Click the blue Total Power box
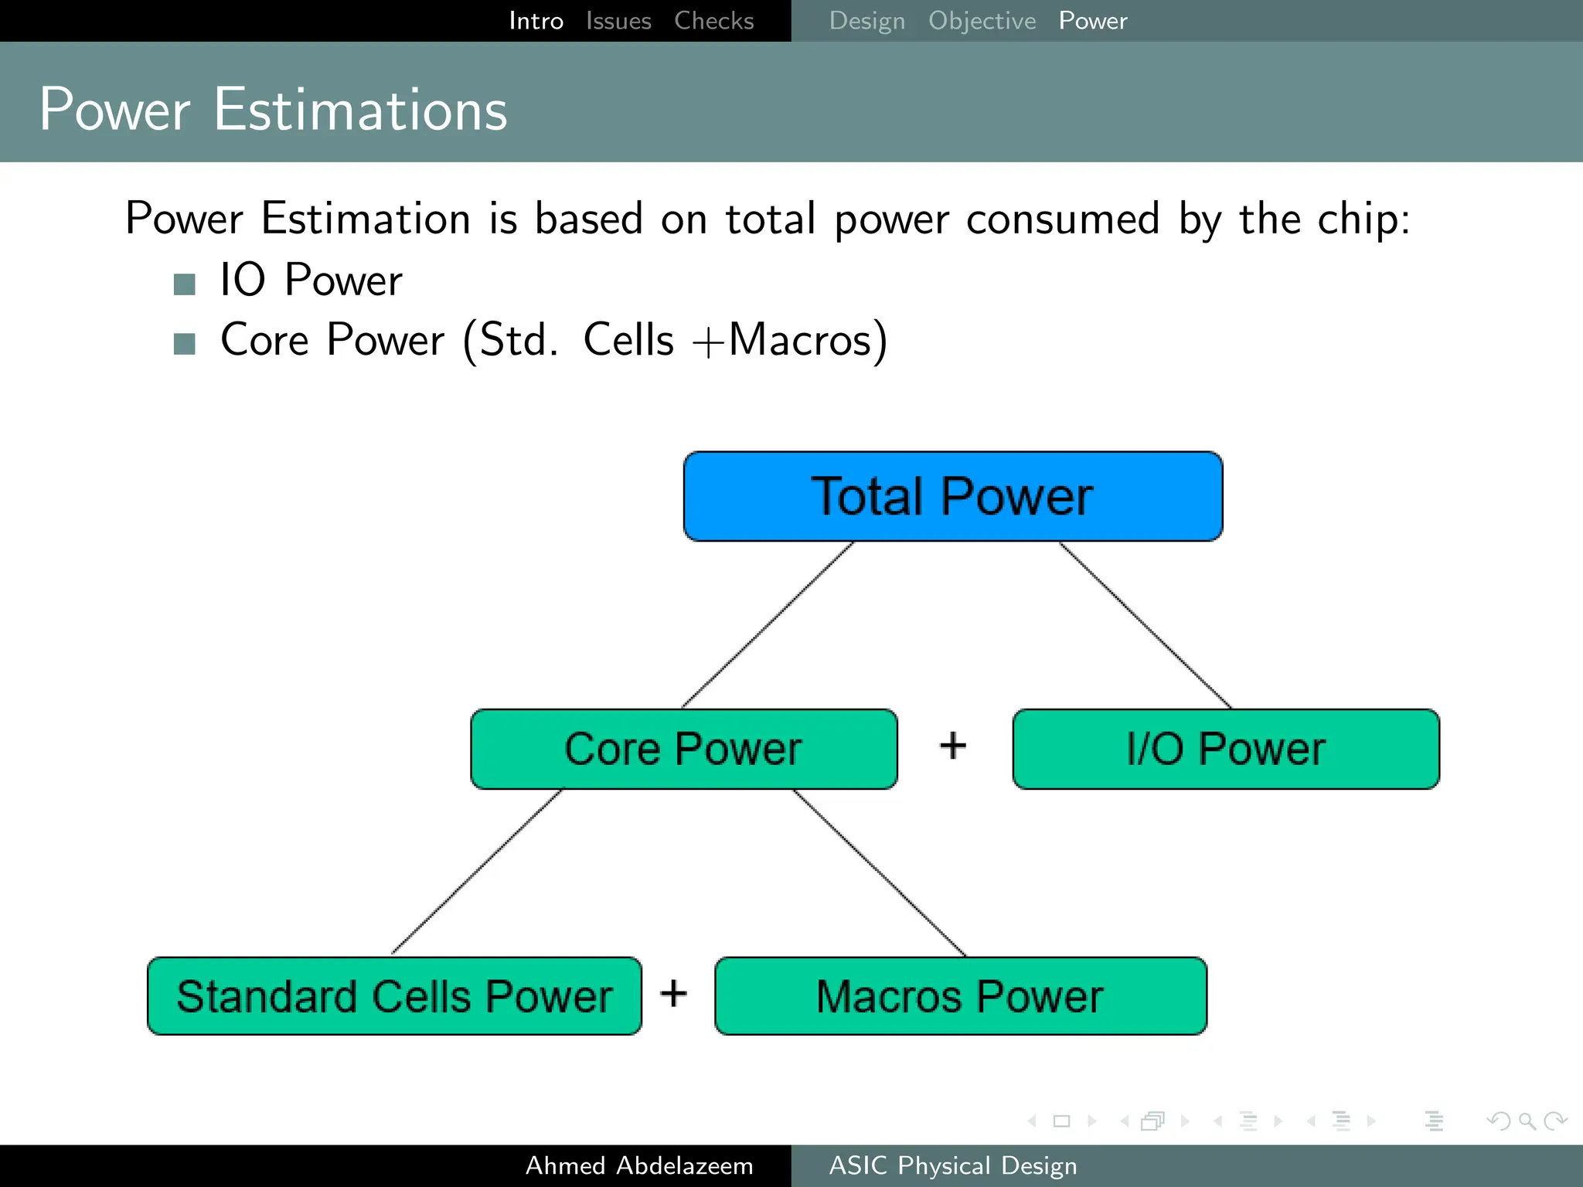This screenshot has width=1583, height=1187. tap(952, 496)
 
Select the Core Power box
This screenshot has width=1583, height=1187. tap(683, 749)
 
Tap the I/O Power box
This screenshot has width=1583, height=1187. tap(1226, 749)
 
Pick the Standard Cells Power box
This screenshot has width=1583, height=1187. tap(394, 996)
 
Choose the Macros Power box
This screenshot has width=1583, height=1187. tap(960, 996)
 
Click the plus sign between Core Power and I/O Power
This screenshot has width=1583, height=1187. tap(953, 746)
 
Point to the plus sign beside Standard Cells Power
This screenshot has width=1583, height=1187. tap(673, 993)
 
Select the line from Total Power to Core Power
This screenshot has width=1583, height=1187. tap(767, 624)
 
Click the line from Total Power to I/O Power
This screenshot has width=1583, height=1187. tap(1146, 624)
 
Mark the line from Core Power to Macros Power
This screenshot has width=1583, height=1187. tap(880, 872)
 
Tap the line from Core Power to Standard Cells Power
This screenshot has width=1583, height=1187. tap(477, 872)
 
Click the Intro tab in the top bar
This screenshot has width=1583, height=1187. tap(536, 21)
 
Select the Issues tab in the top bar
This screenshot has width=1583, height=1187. tap(618, 21)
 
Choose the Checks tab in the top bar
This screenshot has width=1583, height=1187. tap(713, 21)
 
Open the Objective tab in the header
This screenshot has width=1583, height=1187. tap(982, 21)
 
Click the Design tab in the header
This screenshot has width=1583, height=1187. tap(866, 21)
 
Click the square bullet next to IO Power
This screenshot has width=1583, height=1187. tap(185, 284)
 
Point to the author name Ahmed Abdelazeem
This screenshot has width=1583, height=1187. tap(639, 1165)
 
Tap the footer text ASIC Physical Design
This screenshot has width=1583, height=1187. tap(952, 1165)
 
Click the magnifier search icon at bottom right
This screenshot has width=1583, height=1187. tap(1527, 1121)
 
